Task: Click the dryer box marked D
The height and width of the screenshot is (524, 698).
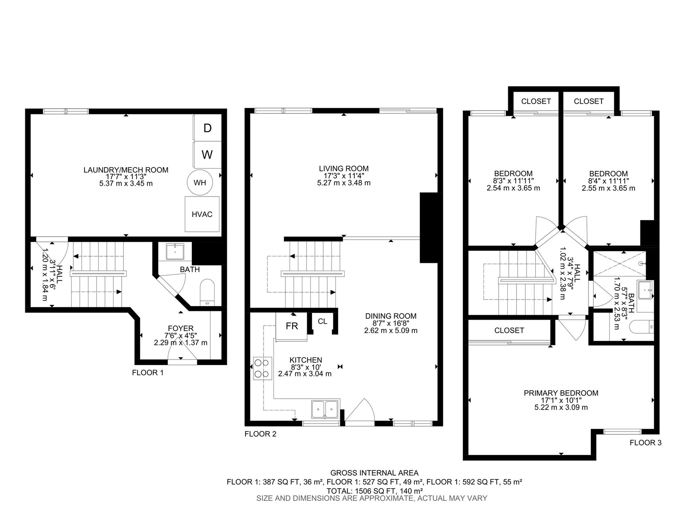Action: (x=207, y=128)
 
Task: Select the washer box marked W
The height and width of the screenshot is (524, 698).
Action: (x=207, y=155)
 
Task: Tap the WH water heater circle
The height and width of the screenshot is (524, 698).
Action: (x=200, y=183)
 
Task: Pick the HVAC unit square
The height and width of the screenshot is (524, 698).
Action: (x=202, y=214)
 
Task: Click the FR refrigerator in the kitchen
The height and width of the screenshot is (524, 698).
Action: (x=291, y=327)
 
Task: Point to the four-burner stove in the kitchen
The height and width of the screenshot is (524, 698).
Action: (x=263, y=369)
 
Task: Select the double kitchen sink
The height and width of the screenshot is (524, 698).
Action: (x=325, y=410)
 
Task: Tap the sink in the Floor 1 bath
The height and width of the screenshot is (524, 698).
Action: (x=175, y=252)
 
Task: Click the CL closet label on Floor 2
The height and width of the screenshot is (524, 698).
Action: (x=322, y=321)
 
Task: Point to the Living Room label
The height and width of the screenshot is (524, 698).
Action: (x=344, y=169)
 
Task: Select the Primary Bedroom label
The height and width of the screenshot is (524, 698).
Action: (x=561, y=393)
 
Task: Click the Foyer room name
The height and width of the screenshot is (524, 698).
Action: (x=181, y=328)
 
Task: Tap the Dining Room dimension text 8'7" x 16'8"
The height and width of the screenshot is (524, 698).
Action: (x=391, y=323)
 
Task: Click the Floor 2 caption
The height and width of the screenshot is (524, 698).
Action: (x=260, y=434)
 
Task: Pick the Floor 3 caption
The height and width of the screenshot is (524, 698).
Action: (x=646, y=442)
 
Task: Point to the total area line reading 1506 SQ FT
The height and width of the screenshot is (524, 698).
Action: (x=375, y=490)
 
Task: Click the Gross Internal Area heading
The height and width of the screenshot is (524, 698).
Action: (x=374, y=473)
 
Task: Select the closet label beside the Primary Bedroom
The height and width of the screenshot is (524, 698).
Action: (x=509, y=330)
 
